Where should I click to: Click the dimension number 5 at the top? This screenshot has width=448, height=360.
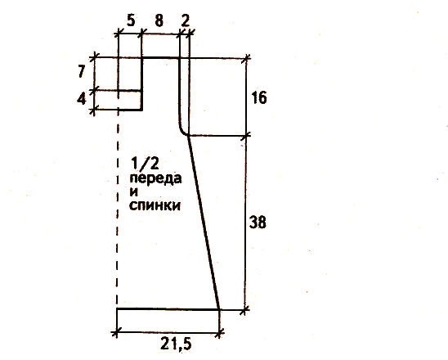131,20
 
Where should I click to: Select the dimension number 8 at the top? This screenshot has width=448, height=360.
159,20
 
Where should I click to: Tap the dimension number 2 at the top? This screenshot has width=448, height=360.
185,20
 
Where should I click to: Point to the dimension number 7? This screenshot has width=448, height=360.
82,71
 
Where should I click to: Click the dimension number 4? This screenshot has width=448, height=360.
82,99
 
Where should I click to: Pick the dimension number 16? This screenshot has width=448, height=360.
259,98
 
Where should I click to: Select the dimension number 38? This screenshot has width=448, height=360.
258,223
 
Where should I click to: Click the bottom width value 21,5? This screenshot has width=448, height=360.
176,344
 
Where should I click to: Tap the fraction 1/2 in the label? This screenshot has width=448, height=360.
145,164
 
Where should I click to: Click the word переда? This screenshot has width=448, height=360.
155,178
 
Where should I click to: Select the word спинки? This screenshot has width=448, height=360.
155,205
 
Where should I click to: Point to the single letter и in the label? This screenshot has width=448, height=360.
134,192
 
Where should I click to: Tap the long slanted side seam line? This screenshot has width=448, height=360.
203,223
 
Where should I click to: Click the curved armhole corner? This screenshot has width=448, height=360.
182,129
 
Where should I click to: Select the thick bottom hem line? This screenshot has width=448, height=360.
168,309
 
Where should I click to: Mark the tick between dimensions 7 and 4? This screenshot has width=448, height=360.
94,91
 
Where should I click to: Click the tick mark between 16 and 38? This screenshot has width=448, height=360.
246,136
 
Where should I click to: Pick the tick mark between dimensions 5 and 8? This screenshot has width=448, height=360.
141,34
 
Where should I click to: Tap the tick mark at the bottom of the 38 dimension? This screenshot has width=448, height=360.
244,309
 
